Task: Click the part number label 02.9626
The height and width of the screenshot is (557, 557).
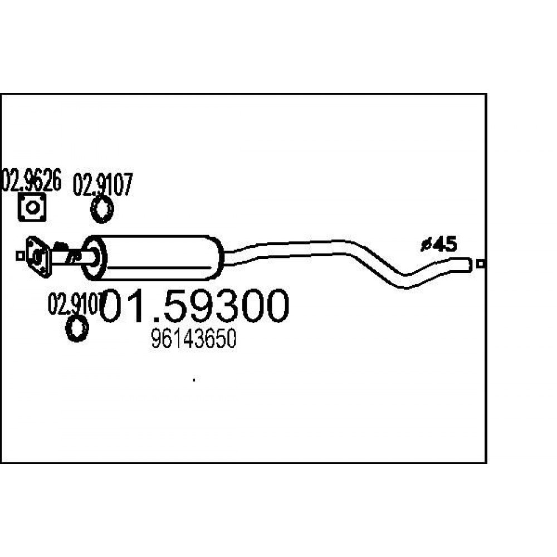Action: tap(32, 180)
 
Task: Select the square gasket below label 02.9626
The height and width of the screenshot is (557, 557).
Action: tap(32, 207)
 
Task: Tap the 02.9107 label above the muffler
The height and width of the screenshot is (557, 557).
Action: tap(102, 184)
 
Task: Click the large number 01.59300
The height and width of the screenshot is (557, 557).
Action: tap(194, 305)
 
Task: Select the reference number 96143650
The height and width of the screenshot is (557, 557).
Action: tap(194, 339)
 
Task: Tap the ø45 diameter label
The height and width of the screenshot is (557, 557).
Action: tap(438, 245)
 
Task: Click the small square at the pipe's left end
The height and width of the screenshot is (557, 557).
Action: tap(20, 256)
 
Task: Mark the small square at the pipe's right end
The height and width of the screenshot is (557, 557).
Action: tap(481, 264)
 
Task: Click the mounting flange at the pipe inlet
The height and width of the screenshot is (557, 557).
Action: tap(37, 256)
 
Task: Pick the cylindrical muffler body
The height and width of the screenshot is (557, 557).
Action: tap(153, 257)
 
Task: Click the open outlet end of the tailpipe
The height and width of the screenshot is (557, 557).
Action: tap(470, 265)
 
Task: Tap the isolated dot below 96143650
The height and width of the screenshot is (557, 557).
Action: tap(194, 380)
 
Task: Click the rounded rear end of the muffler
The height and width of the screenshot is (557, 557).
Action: tap(217, 257)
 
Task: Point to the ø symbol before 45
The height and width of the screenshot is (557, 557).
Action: tap(426, 245)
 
